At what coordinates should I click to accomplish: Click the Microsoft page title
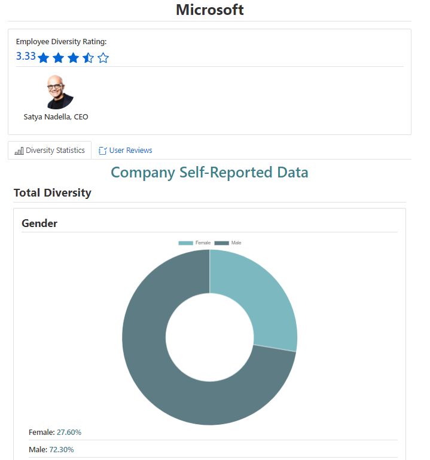209,10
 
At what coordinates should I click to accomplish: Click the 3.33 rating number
26,56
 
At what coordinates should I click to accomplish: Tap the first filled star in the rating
43,58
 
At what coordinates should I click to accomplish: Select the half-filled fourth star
88,58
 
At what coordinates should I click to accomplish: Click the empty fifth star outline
103,58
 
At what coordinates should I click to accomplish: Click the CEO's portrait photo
59,92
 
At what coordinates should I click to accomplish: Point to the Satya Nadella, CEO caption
56,116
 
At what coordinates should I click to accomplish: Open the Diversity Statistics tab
50,151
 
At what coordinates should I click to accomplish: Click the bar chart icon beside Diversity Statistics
19,151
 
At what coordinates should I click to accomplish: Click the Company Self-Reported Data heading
209,173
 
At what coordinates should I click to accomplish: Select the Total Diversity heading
53,192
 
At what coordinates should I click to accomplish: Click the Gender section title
39,223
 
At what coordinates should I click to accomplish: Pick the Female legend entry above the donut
195,243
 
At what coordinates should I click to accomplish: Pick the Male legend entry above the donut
228,243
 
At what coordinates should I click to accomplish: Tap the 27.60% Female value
69,432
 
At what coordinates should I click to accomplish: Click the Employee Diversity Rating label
61,42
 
